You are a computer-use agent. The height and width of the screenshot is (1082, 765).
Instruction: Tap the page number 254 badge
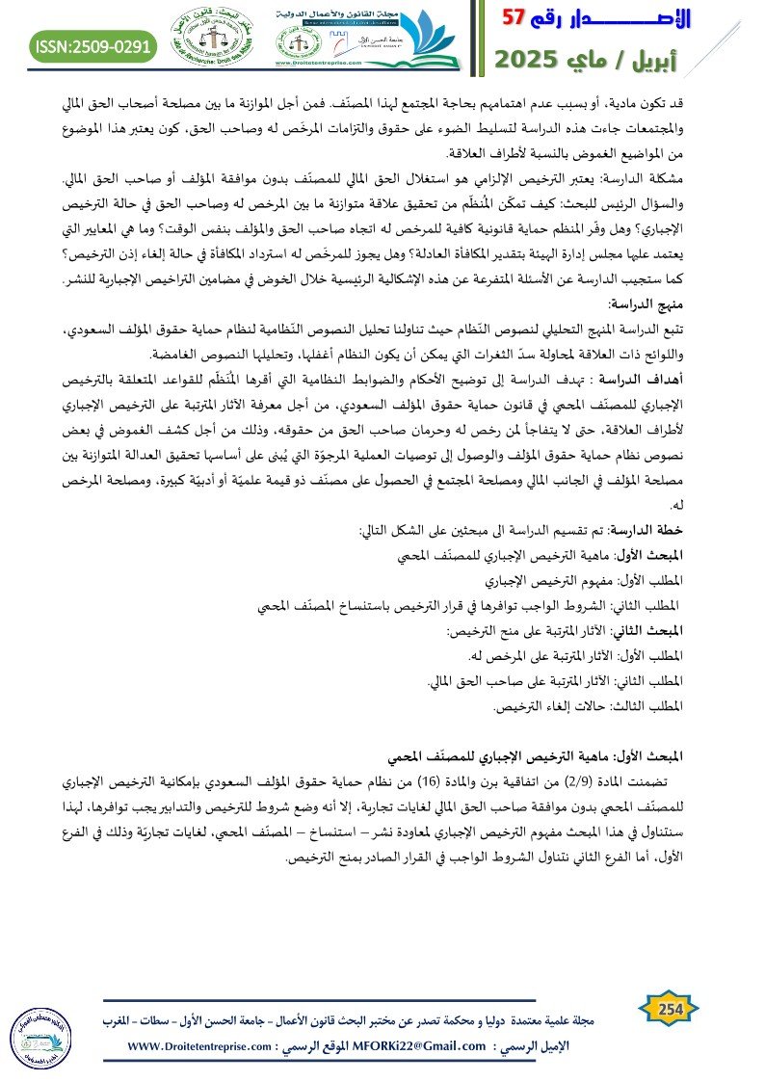(669, 1008)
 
